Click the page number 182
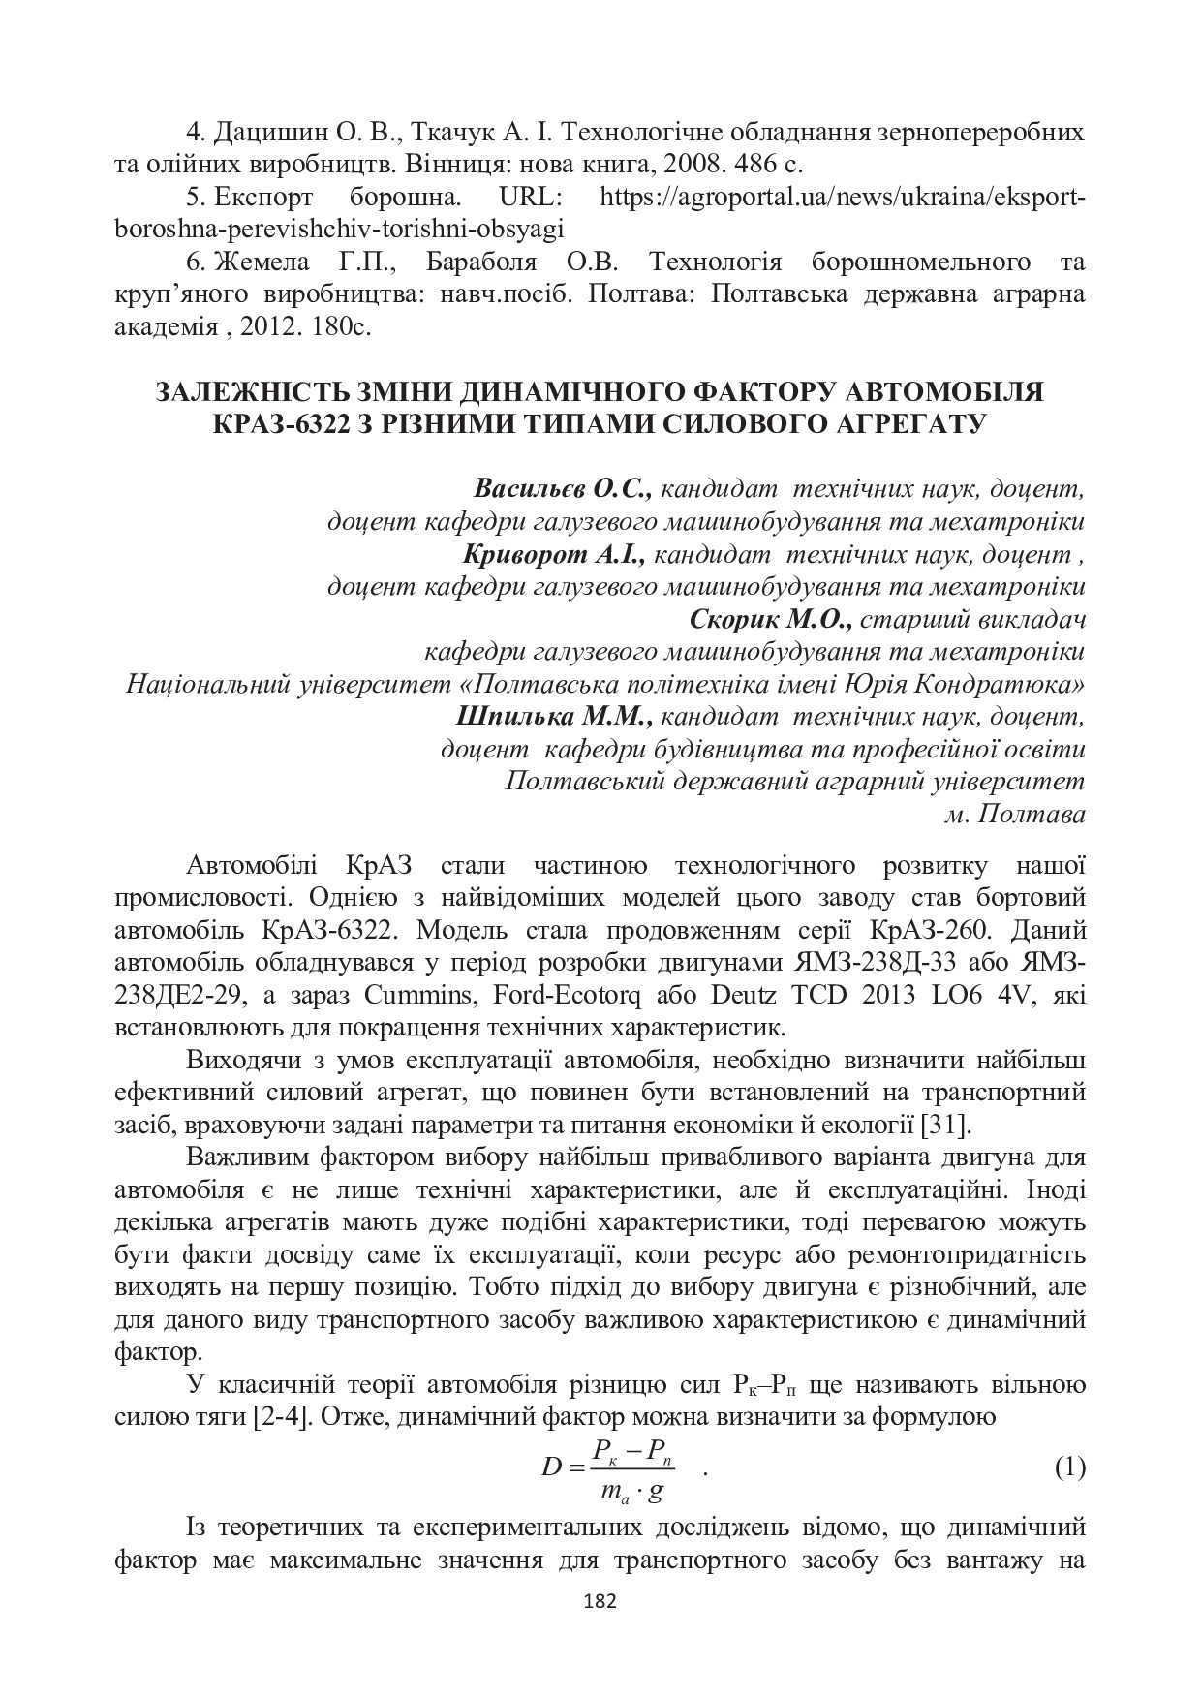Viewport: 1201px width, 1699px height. click(x=600, y=1600)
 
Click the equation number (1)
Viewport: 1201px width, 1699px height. click(x=1068, y=1468)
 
